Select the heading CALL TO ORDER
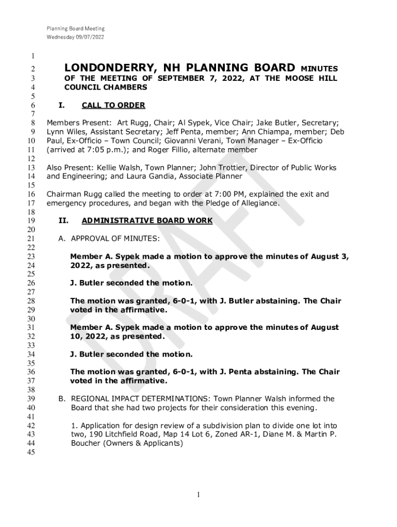tap(113, 106)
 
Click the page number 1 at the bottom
tap(198, 495)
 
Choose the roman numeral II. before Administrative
tap(64, 221)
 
